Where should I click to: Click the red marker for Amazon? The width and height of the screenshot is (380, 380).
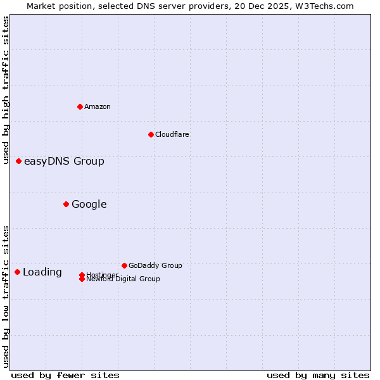(80, 106)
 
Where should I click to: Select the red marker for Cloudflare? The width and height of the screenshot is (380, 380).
(151, 134)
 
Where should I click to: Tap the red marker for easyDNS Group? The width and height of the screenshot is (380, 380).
(18, 161)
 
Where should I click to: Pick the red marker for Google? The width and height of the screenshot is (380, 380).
(66, 204)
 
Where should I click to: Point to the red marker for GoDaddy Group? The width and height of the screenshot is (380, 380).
(124, 265)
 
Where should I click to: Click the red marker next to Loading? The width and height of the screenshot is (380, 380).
(17, 272)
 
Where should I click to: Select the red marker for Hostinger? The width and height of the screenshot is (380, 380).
(82, 275)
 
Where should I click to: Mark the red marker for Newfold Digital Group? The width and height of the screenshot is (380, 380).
(82, 279)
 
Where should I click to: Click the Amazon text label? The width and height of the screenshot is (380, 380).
(97, 106)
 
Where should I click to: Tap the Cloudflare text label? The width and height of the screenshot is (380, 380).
(172, 134)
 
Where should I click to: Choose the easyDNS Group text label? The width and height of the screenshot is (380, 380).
(64, 161)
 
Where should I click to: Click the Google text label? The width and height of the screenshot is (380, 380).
(89, 204)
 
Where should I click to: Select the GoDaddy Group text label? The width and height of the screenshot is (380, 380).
(155, 265)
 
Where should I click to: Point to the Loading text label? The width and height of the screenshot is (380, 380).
(42, 272)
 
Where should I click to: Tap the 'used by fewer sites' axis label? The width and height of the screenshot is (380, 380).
(65, 375)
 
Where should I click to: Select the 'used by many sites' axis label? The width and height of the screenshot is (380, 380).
(318, 375)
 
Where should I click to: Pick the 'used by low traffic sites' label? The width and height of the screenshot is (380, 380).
(6, 296)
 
